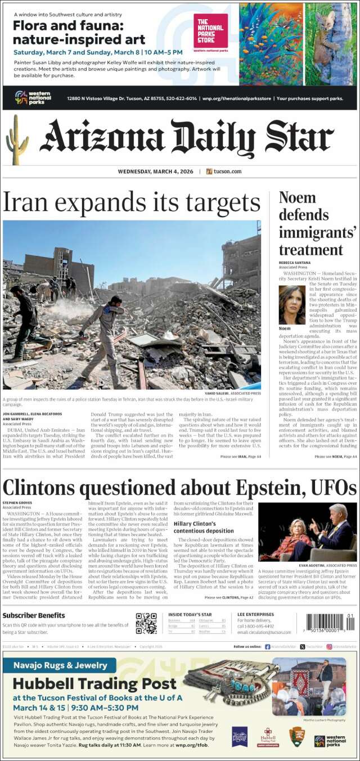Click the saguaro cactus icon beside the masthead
[17, 141]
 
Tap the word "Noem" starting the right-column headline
[297, 198]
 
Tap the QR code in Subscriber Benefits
[146, 623]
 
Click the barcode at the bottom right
[331, 625]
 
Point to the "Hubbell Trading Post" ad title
[94, 684]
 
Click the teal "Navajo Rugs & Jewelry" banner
[58, 665]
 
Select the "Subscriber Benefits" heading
[34, 615]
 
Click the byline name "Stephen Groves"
[17, 502]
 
